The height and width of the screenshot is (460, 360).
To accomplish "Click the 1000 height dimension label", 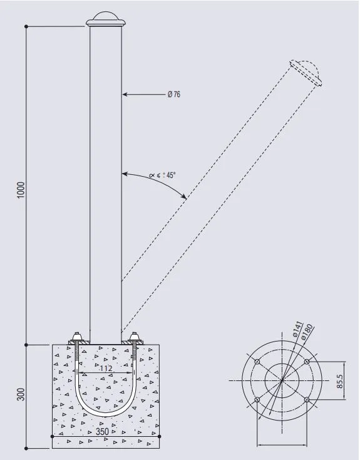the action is tap(21, 190).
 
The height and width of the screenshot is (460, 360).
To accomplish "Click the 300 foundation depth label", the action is tap(21, 394).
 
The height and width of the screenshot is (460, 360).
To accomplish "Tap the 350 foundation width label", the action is tap(102, 432).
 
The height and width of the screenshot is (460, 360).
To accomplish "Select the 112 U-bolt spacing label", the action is tap(106, 368).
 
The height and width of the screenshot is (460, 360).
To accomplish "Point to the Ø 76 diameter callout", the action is tap(174, 94).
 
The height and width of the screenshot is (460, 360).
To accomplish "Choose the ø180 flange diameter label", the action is tap(307, 332).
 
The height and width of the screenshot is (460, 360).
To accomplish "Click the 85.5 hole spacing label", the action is tap(339, 381).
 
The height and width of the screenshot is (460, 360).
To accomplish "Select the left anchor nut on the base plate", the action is tap(77, 336).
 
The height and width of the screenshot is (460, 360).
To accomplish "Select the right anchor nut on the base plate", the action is tap(134, 336).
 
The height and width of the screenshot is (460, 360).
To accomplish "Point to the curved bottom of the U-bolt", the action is tap(106, 414).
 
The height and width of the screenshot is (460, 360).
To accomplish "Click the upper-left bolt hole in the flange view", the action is tap(257, 362).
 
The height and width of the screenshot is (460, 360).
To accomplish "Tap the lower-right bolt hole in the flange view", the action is tap(307, 400).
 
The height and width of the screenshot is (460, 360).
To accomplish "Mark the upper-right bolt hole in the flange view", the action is tap(307, 362).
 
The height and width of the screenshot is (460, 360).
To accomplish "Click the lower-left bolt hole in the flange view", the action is tap(257, 400).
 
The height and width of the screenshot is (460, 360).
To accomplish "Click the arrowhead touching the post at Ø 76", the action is tap(125, 94).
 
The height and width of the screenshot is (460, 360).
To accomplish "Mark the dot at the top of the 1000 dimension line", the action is tap(26, 26).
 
